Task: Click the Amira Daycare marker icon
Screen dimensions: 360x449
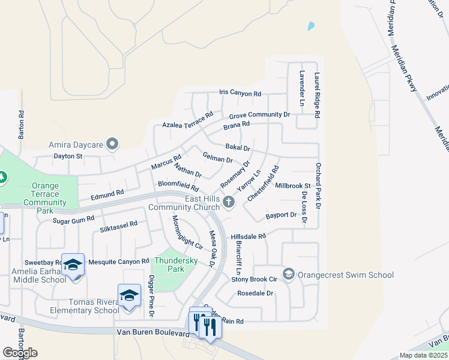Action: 112,144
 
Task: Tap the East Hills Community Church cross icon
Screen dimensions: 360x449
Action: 228,202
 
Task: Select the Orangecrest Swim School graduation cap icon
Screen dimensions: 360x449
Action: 289,275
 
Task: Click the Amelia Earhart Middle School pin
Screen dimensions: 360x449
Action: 73,265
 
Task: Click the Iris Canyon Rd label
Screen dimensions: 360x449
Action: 240,94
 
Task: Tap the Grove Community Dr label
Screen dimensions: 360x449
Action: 259,115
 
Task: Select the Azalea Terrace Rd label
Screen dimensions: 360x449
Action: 188,120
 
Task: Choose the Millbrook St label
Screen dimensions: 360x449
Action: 292,186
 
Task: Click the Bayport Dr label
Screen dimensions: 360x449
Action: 281,215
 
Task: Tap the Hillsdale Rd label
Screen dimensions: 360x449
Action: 248,237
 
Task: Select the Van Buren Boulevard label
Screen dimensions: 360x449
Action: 148,332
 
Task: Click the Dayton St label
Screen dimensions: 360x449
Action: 68,156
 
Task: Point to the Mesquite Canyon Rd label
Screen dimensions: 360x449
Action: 118,262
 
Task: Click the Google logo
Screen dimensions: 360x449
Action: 20,352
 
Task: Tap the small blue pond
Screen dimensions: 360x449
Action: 310,26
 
